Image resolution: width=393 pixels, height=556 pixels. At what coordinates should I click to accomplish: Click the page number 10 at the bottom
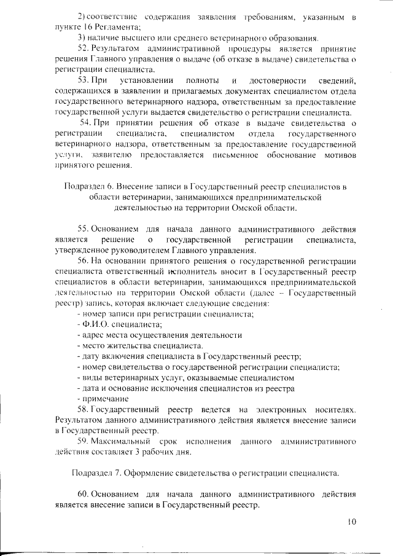click(352, 522)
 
